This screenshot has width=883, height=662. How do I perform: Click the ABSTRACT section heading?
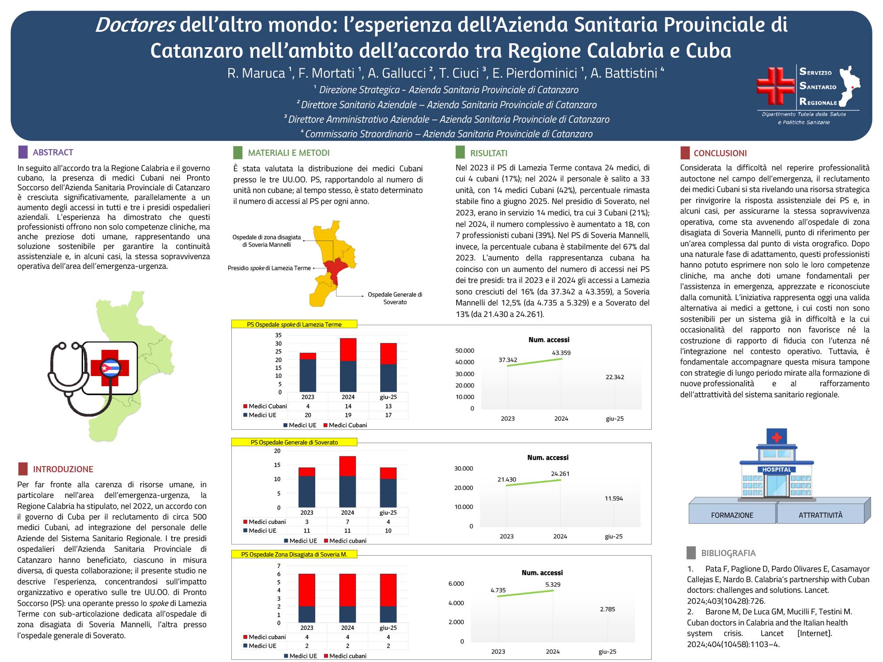click(53, 152)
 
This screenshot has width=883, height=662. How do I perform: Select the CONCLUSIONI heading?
click(720, 153)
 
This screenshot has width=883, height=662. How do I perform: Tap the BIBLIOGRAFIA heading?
click(728, 553)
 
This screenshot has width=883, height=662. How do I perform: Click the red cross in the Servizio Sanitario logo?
click(775, 86)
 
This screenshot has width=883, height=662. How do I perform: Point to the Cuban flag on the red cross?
click(110, 368)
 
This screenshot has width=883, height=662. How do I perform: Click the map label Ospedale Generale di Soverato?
click(395, 298)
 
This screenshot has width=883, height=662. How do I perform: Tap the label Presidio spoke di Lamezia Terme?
click(269, 268)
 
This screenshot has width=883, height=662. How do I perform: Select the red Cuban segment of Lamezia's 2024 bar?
click(348, 350)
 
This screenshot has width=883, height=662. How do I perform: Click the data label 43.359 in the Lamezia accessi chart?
click(561, 353)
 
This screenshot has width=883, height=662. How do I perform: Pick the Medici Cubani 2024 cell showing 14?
click(348, 406)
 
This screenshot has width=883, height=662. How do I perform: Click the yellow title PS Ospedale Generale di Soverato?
click(294, 442)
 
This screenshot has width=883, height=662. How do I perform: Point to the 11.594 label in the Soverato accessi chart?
click(614, 498)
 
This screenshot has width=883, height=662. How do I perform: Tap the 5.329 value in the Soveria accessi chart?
click(553, 584)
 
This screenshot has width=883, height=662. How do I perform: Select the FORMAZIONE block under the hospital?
click(732, 515)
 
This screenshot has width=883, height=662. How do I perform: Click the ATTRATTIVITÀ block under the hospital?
click(820, 515)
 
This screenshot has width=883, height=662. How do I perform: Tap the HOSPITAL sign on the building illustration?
click(777, 470)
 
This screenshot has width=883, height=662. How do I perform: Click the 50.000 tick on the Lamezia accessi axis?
click(464, 350)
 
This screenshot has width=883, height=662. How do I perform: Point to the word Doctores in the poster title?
click(135, 25)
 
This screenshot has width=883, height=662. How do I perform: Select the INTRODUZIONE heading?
click(63, 469)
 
